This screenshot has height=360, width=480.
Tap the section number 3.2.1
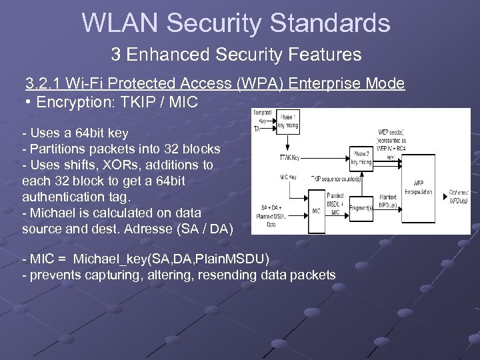pos(45,83)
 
